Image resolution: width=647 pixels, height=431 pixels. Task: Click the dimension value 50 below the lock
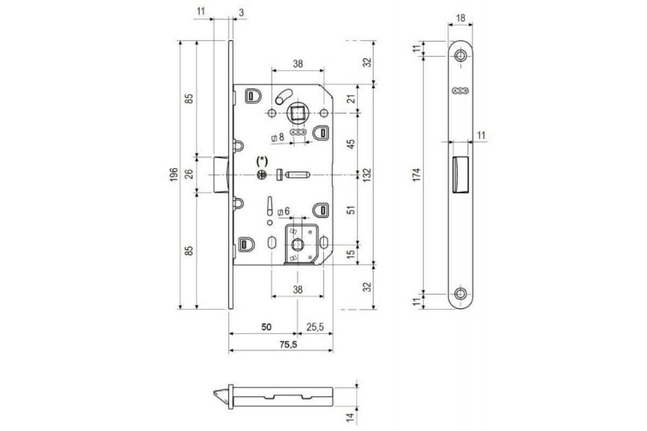266,327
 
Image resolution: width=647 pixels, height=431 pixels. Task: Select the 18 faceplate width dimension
461,18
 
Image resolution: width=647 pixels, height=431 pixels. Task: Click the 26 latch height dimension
188,174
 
